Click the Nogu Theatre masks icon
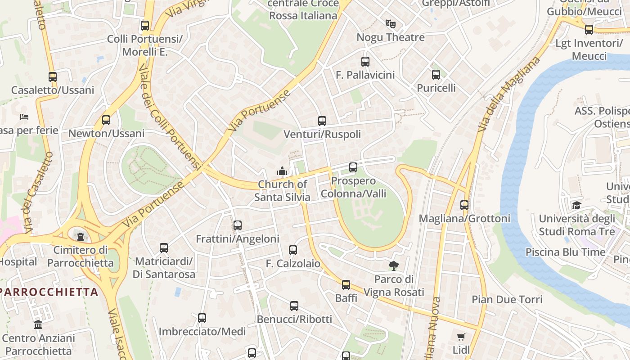pyautogui.click(x=390, y=23)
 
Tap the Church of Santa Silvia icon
pyautogui.click(x=282, y=171)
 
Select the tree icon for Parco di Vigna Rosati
pyautogui.click(x=394, y=265)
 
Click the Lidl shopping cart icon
pyautogui.click(x=461, y=337)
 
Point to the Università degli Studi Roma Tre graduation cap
pyautogui.click(x=576, y=206)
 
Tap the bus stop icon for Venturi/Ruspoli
pyautogui.click(x=322, y=121)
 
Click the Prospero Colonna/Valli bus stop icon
pyautogui.click(x=353, y=167)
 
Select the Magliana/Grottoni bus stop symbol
pyautogui.click(x=464, y=205)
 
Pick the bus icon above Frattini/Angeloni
pyautogui.click(x=238, y=225)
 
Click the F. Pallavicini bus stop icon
pyautogui.click(x=365, y=62)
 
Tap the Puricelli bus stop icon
pyautogui.click(x=436, y=75)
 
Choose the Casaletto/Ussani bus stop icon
pyautogui.click(x=53, y=77)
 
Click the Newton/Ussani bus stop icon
pyautogui.click(x=106, y=120)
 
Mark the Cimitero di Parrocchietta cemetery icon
pyautogui.click(x=81, y=236)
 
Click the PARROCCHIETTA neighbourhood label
pyautogui.click(x=49, y=292)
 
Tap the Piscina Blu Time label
pyautogui.click(x=566, y=252)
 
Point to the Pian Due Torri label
pyautogui.click(x=507, y=299)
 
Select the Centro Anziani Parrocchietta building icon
pyautogui.click(x=38, y=324)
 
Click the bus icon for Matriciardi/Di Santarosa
pyautogui.click(x=164, y=248)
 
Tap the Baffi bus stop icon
pyautogui.click(x=346, y=285)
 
